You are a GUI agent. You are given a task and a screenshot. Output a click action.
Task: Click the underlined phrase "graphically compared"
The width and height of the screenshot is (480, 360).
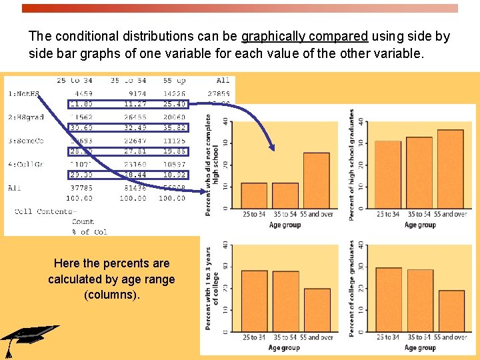pos(304,37)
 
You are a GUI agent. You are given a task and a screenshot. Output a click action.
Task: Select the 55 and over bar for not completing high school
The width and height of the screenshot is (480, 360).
pos(317,180)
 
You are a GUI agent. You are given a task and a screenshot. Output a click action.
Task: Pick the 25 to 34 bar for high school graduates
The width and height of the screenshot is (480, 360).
pos(388,174)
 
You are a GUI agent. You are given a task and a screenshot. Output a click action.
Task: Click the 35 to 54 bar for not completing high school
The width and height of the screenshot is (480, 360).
pos(285,195)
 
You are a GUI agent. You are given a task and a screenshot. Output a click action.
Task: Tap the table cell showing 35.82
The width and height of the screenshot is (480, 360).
pos(173,127)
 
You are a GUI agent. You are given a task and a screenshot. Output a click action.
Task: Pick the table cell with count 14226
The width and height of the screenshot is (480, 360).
pos(173,94)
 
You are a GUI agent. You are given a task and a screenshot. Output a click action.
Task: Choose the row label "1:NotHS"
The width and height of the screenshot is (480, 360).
pos(25,94)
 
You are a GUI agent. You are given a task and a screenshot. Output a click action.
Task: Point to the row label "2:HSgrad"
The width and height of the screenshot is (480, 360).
pos(26,117)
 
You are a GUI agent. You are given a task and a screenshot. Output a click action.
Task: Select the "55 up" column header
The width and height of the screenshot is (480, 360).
pos(173,81)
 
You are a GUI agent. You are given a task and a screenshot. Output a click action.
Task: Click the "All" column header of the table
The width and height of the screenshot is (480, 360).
pos(223,81)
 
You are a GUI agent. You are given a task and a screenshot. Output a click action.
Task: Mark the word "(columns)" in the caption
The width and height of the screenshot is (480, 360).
pos(111,294)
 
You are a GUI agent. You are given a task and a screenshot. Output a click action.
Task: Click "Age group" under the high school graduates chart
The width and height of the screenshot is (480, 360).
pos(420,225)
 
